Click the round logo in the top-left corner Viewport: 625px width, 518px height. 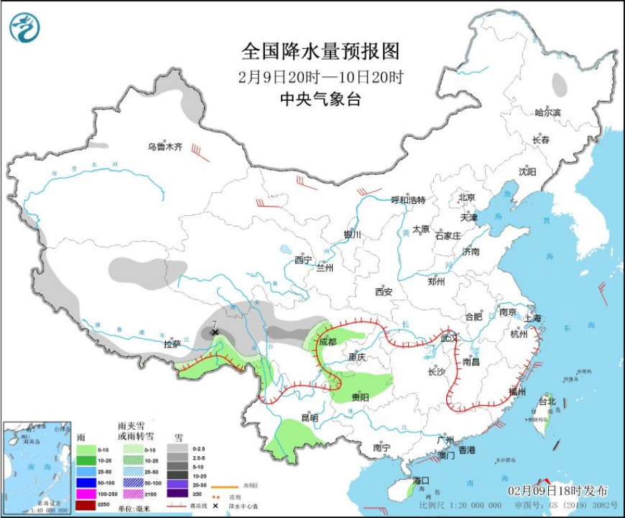(24, 28)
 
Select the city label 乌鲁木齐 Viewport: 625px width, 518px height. (165, 147)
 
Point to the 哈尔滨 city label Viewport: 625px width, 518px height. (547, 113)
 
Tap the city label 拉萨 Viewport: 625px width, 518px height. (172, 344)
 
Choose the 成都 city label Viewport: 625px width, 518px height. (327, 342)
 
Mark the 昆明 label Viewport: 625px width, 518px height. (310, 417)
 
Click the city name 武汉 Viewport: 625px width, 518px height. (449, 337)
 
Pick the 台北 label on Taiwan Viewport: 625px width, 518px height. (547, 401)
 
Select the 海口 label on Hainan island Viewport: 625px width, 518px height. (420, 480)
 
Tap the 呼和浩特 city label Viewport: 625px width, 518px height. (408, 200)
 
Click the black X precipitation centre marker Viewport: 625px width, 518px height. (215, 332)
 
